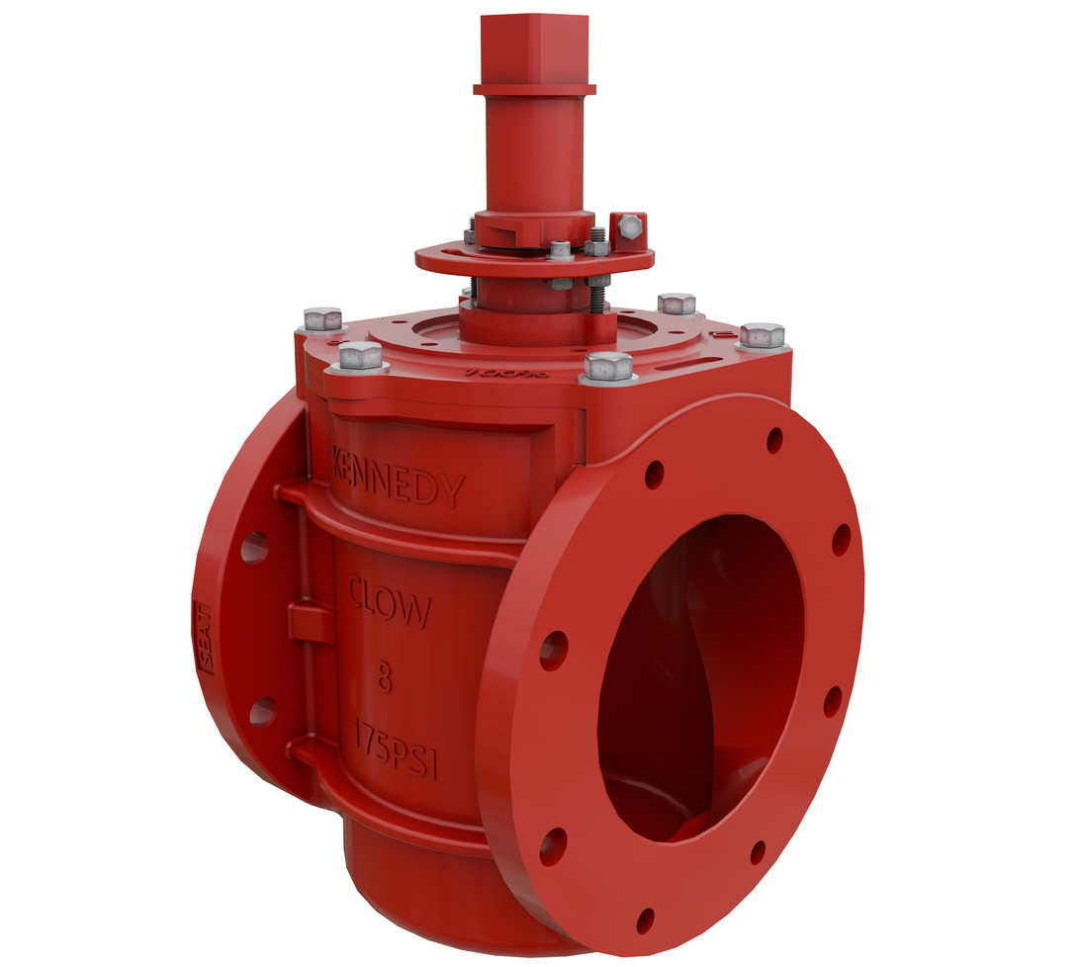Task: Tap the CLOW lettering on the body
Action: tap(390, 605)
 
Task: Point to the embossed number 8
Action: tap(385, 679)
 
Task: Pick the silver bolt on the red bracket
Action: tap(630, 228)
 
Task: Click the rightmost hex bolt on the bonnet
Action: tap(762, 335)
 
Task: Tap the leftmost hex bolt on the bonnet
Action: tap(322, 319)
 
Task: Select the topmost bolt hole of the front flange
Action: tap(774, 440)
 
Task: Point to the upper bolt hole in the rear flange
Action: tap(254, 547)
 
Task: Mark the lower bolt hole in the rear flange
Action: tap(262, 712)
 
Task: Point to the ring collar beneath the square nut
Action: tap(534, 89)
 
